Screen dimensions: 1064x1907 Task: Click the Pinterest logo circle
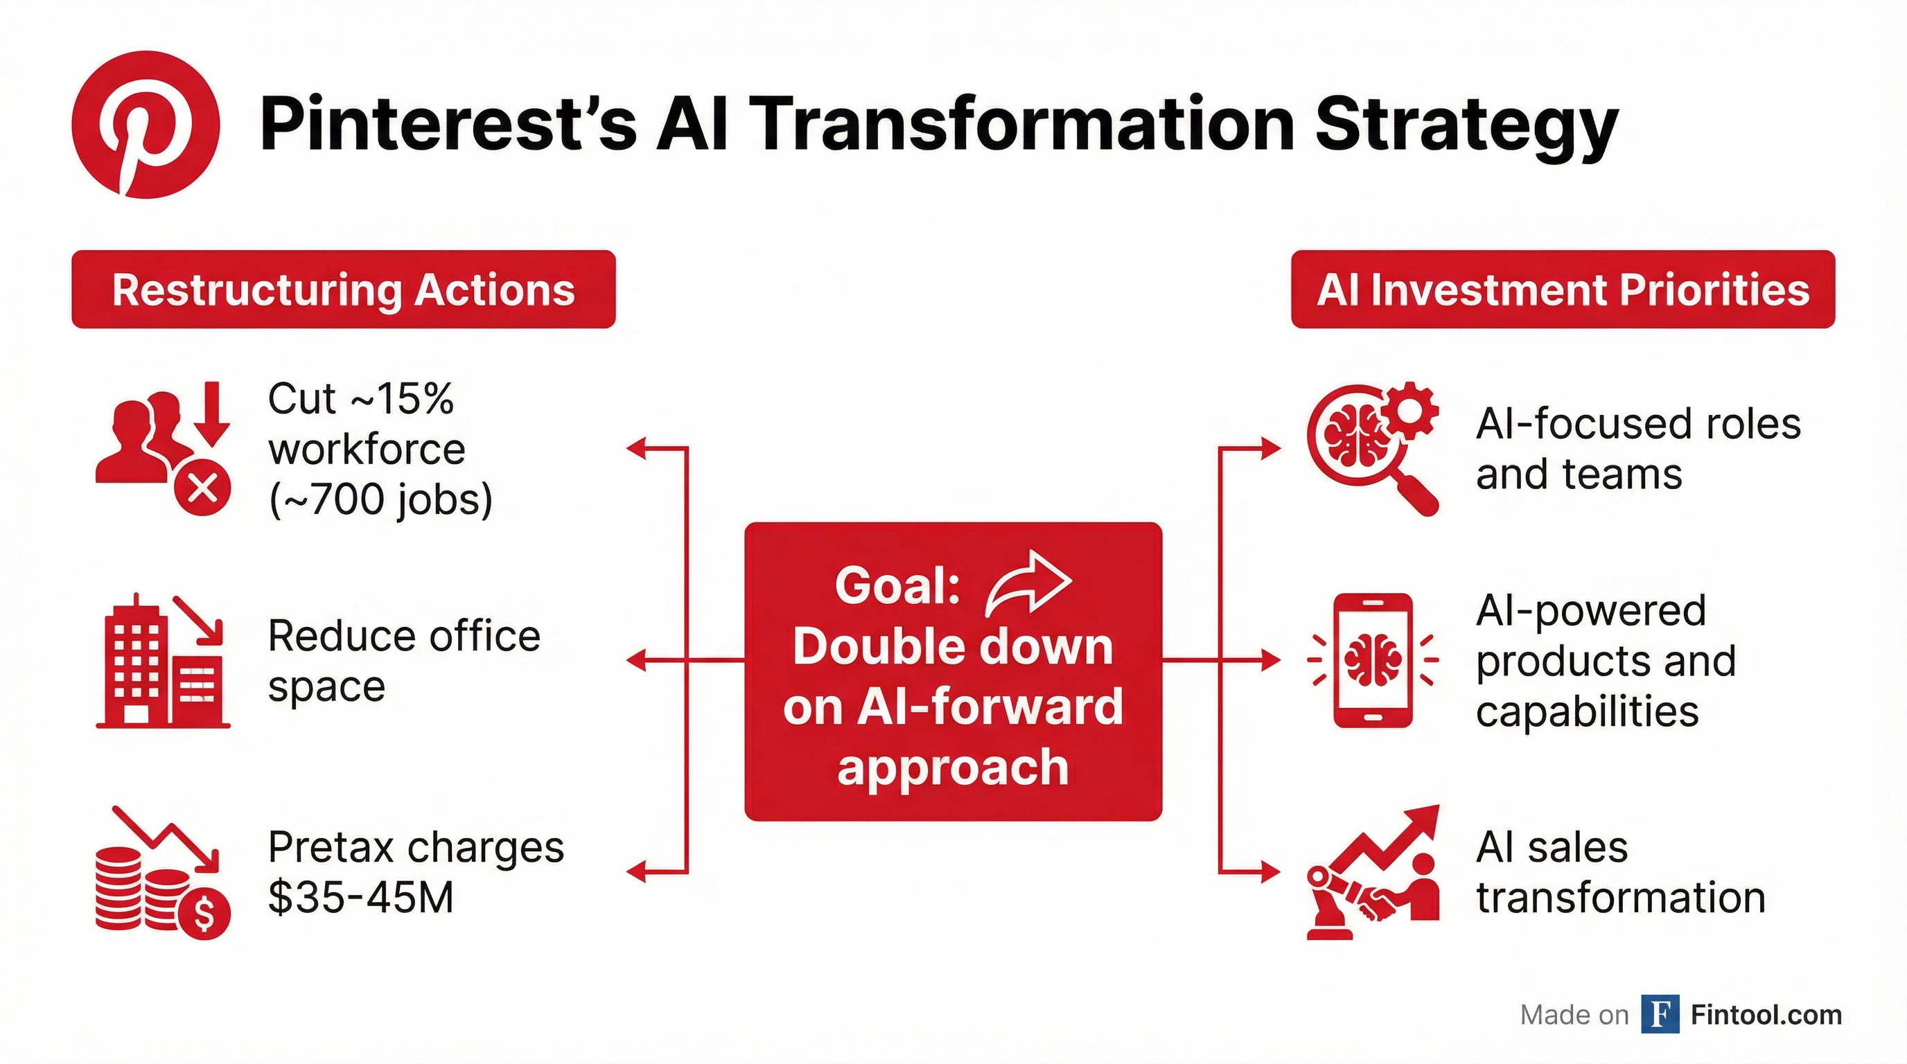[145, 124]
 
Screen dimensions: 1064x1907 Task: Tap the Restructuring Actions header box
[344, 290]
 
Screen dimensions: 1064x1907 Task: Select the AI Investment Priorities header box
[1563, 290]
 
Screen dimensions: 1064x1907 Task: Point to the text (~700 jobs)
[380, 499]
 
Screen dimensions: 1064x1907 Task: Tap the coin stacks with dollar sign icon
[163, 877]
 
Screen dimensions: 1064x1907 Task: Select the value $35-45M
[360, 898]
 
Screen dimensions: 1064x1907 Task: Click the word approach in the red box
[953, 768]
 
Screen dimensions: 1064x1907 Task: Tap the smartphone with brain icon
[1373, 660]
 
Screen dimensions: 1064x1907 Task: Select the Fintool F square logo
[1660, 1014]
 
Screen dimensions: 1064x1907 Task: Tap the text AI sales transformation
[1619, 873]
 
